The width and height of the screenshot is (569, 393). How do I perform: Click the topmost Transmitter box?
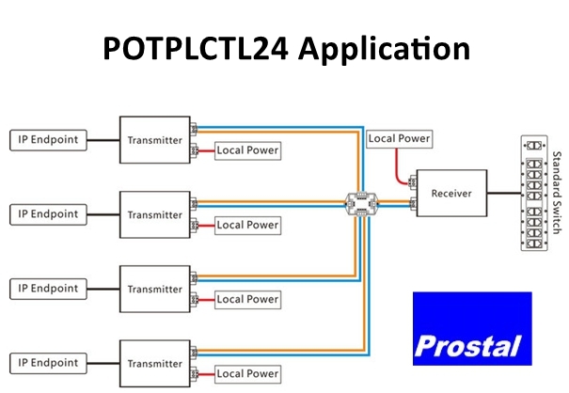[154, 140]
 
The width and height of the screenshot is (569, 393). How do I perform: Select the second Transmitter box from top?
[154, 214]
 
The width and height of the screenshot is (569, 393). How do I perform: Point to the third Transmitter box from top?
[154, 288]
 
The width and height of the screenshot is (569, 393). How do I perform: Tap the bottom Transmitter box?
[154, 362]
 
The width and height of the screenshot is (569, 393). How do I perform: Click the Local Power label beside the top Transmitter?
[247, 150]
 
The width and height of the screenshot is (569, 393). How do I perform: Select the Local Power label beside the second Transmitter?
[247, 225]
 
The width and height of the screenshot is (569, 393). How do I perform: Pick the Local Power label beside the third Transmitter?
[247, 299]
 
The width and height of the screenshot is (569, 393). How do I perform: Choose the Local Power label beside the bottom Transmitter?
[247, 373]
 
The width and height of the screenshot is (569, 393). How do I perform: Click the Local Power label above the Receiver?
[399, 139]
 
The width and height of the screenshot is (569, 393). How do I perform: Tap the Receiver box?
[450, 194]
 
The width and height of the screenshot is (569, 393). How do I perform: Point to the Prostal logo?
[471, 329]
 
